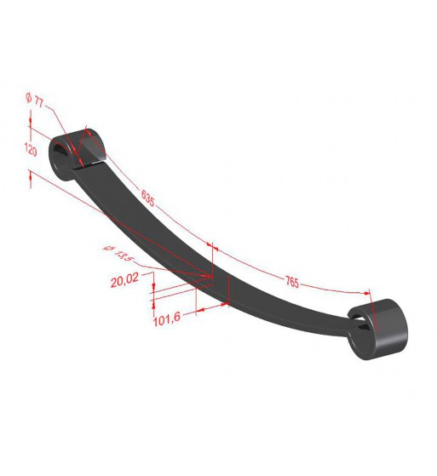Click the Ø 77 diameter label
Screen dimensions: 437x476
(35, 100)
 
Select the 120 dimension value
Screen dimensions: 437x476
(31, 150)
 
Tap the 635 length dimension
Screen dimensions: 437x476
(148, 198)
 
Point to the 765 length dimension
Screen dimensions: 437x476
(292, 282)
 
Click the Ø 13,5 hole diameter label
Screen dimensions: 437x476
(118, 253)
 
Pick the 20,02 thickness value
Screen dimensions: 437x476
(124, 280)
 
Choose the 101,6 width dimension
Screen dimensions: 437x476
(167, 318)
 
